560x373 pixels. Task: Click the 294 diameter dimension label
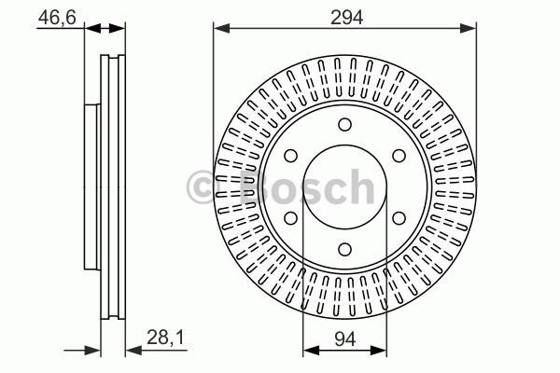[x=346, y=17]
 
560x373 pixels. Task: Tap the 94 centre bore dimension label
[x=345, y=338]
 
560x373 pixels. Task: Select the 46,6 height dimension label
[x=57, y=17]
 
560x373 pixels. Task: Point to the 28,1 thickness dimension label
[x=165, y=338]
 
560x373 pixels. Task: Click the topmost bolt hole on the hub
[x=344, y=125]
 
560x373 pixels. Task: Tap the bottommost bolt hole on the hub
[x=344, y=249]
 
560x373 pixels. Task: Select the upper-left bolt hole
[x=290, y=156]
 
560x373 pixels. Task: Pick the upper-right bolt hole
[x=399, y=156]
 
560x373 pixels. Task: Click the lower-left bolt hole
[x=290, y=218]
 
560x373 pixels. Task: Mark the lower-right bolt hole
[x=399, y=218]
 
